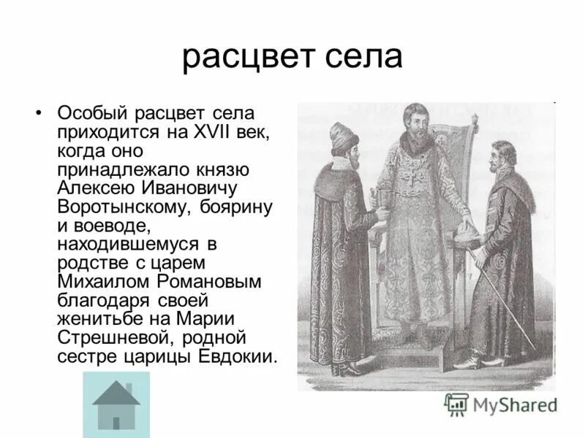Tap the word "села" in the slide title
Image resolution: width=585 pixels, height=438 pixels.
click(x=367, y=57)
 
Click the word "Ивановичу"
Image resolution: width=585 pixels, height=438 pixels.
click(x=196, y=188)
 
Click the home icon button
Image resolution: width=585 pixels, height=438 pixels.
click(x=116, y=404)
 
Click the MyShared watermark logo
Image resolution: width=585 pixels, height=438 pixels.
click(x=500, y=404)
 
